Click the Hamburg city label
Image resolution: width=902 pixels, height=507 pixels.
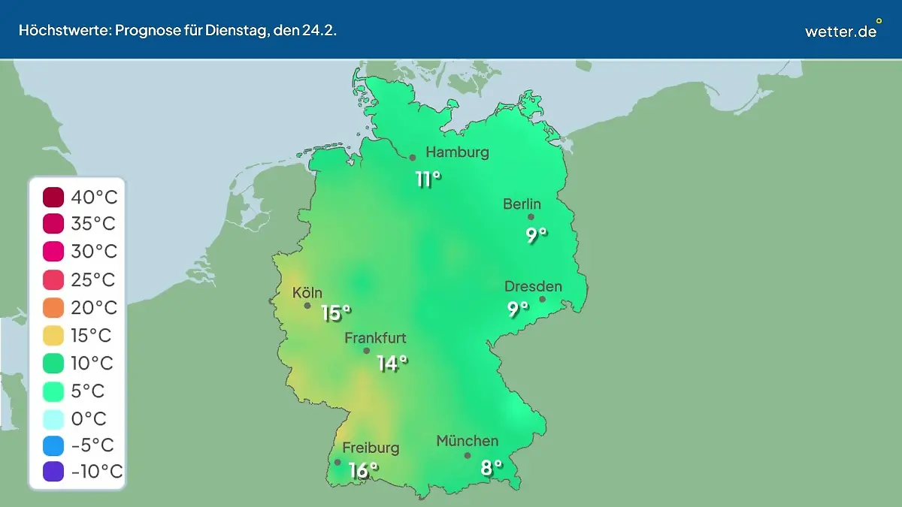(457, 152)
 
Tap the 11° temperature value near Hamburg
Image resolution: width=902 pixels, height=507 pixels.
(428, 180)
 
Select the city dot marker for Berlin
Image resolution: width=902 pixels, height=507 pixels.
(531, 217)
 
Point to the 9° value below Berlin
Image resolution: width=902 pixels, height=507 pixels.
(536, 235)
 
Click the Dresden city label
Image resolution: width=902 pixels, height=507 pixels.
(533, 287)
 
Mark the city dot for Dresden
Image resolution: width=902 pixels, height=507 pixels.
(542, 299)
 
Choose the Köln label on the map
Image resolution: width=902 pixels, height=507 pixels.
(307, 293)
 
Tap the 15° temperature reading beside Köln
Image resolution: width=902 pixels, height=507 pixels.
(336, 312)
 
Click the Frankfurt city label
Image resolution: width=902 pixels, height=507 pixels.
(375, 338)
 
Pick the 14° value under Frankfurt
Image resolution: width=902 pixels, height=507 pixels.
(392, 364)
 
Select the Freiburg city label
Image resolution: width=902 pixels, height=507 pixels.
(371, 448)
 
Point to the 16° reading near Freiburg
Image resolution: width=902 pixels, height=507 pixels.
(363, 470)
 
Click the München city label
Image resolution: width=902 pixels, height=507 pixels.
(467, 441)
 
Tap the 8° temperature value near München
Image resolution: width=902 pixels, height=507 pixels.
(492, 468)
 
